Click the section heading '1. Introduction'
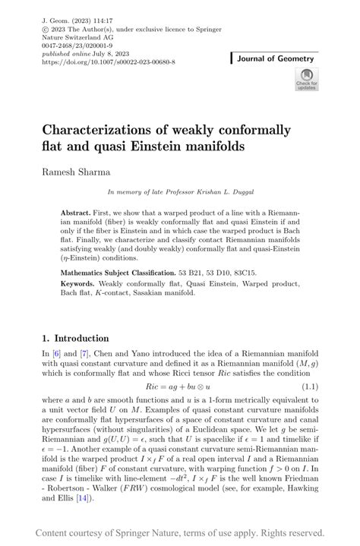pos(75,338)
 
